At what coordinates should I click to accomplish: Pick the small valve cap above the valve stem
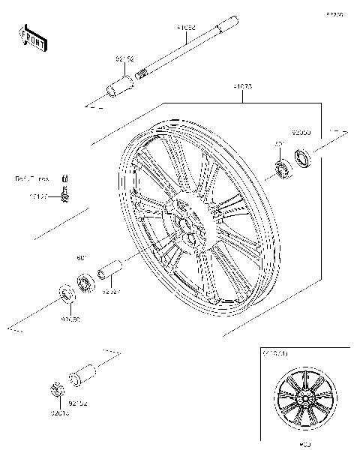click(65, 178)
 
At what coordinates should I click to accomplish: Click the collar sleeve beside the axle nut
click(80, 376)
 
